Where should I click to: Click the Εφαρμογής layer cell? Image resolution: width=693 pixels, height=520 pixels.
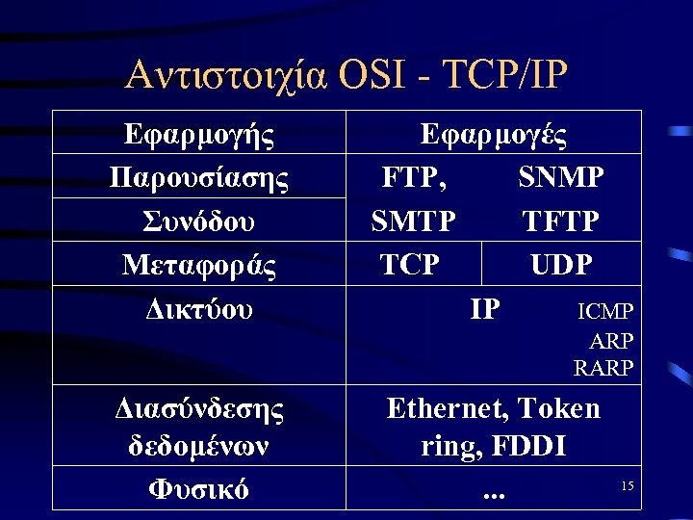(199, 134)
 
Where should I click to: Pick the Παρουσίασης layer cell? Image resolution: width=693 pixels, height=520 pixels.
(199, 177)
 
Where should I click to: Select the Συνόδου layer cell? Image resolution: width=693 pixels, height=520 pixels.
(199, 221)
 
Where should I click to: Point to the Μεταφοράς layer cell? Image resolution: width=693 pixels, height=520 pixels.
(199, 265)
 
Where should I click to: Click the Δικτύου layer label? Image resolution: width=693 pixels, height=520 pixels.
(199, 309)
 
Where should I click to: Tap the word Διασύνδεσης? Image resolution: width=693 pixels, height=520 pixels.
(199, 408)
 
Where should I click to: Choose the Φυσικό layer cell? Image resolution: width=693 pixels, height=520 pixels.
(199, 489)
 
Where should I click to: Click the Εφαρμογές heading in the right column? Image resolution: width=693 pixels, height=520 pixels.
(494, 134)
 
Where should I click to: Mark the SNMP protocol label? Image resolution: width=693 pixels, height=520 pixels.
(561, 177)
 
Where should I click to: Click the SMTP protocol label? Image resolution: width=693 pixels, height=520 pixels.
(414, 221)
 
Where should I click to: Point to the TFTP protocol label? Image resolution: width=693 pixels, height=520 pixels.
(561, 221)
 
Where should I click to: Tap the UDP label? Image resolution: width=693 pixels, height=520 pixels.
(561, 265)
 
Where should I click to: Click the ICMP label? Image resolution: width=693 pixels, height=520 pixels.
(605, 311)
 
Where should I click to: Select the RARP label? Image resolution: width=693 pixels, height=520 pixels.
(603, 367)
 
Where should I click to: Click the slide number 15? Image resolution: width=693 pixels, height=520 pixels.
(627, 486)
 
